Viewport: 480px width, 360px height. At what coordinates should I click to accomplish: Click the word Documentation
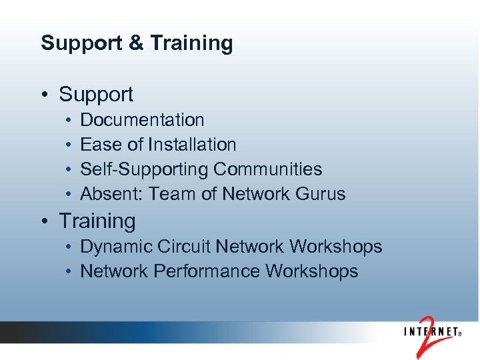(x=142, y=120)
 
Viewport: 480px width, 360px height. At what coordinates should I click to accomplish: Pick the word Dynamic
(x=116, y=247)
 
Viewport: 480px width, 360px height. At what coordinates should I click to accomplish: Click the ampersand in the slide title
(x=135, y=43)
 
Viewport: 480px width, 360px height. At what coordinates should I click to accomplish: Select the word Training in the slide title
(x=191, y=44)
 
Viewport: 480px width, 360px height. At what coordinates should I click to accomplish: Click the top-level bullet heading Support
(x=96, y=95)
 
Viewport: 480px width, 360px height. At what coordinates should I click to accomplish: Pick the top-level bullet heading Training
(x=97, y=221)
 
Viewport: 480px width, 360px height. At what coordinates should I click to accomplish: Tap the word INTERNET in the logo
(x=430, y=331)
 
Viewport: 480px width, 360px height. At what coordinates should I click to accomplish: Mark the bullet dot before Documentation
(x=69, y=121)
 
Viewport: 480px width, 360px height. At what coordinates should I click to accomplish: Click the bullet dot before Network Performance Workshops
(x=69, y=272)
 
